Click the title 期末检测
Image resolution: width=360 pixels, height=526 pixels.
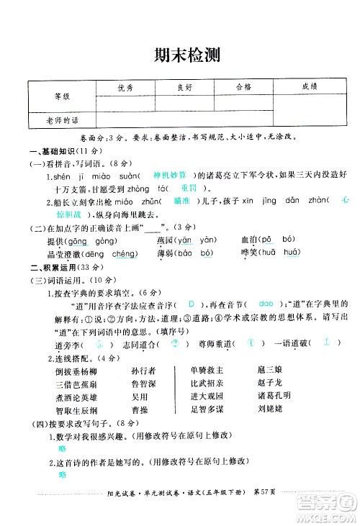tap(179, 55)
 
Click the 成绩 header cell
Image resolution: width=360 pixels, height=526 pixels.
tap(310, 86)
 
